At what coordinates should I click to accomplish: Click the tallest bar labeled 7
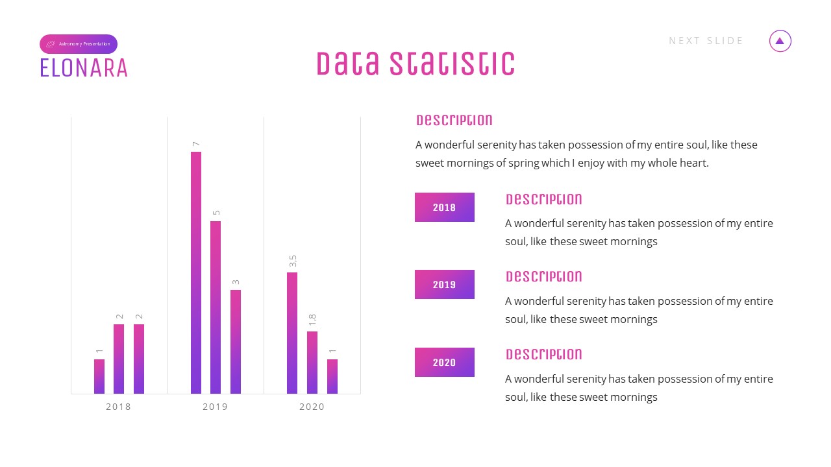[196, 272]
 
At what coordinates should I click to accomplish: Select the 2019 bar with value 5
[216, 307]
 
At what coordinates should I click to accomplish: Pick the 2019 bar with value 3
[236, 342]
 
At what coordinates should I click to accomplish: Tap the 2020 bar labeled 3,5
[292, 333]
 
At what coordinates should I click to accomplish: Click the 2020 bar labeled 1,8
[312, 363]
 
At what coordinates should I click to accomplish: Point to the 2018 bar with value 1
[99, 376]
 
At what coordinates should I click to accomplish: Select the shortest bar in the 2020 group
[332, 376]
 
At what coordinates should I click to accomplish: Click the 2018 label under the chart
[118, 407]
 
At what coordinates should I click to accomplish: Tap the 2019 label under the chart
[216, 407]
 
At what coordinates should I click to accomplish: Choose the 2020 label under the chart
[312, 407]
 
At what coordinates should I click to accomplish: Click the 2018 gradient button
[445, 208]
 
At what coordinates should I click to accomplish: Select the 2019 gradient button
[445, 285]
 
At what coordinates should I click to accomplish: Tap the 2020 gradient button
[445, 363]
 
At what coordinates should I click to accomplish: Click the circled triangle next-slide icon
[780, 41]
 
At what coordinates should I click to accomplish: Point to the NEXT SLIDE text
[706, 41]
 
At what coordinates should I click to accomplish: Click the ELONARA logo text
[84, 68]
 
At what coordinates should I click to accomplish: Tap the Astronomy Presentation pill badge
[79, 44]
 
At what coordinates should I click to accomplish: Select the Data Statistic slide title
[415, 64]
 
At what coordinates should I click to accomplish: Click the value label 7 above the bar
[195, 144]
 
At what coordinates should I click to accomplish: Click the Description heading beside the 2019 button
[544, 277]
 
